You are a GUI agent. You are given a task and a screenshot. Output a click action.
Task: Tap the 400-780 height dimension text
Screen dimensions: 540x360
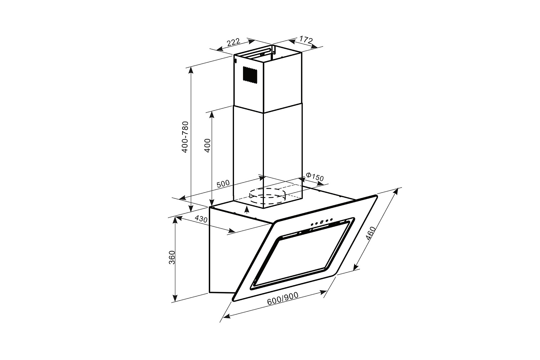click(x=185, y=137)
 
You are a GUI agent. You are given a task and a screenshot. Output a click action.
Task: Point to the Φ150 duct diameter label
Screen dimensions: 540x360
click(x=315, y=177)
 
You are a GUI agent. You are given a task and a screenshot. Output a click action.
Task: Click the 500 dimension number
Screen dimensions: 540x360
click(x=223, y=184)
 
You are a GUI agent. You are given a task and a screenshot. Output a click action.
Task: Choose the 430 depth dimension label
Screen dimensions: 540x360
click(x=201, y=219)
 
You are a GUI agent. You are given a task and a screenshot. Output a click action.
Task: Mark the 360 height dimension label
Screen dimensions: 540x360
click(x=172, y=257)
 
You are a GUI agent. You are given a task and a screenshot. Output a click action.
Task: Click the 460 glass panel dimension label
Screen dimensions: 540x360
click(x=370, y=233)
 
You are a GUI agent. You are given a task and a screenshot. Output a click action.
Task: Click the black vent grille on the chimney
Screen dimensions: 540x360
click(x=250, y=75)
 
